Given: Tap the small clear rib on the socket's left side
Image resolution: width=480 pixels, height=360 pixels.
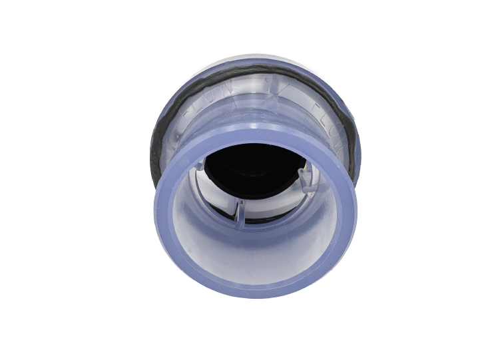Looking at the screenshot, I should [200, 166].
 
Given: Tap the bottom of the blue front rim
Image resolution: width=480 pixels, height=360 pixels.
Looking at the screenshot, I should [256, 289].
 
